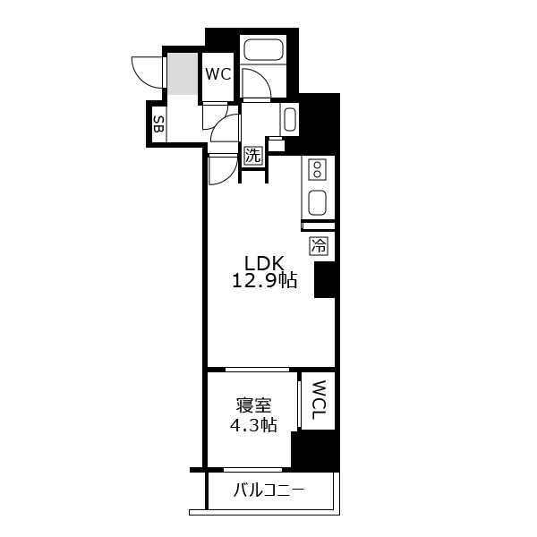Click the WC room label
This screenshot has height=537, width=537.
tap(218, 73)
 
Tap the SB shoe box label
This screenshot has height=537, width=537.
tap(158, 124)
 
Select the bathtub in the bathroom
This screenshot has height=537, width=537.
tap(263, 49)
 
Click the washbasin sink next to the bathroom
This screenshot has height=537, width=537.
tap(290, 119)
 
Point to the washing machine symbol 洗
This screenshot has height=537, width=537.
tap(253, 156)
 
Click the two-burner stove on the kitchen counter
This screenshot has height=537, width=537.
tap(318, 170)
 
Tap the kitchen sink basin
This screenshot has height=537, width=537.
tap(318, 203)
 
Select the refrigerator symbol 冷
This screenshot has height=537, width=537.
tap(319, 245)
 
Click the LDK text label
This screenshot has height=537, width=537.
tap(264, 264)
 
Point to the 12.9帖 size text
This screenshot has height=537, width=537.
tap(265, 280)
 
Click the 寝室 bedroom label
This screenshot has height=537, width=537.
tap(253, 405)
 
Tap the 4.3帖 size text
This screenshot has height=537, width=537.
tap(253, 425)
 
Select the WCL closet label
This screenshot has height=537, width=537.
tap(318, 400)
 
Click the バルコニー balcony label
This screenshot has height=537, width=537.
tap(268, 490)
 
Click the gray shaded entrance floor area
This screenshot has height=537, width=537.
tap(183, 73)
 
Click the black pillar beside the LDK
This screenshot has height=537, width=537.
tap(324, 279)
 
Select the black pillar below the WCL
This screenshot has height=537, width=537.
tap(314, 449)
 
